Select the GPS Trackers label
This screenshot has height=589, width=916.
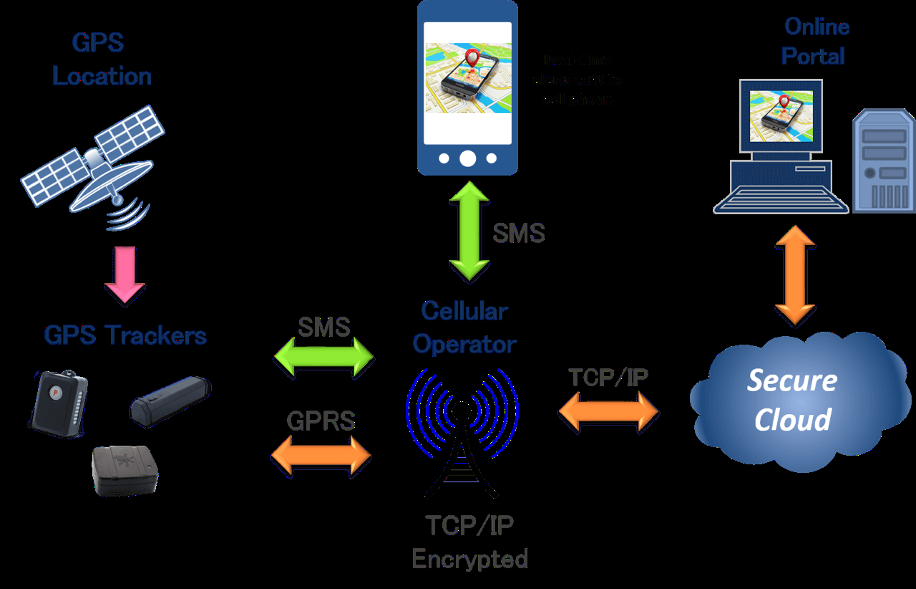click(125, 335)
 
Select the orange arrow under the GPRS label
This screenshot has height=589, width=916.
click(321, 456)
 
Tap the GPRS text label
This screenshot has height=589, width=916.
click(321, 421)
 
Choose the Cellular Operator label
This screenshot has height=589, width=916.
click(464, 328)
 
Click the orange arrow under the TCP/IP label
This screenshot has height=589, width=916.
click(608, 413)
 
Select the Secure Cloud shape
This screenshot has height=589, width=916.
click(793, 401)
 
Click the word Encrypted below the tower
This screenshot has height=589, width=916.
click(470, 559)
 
